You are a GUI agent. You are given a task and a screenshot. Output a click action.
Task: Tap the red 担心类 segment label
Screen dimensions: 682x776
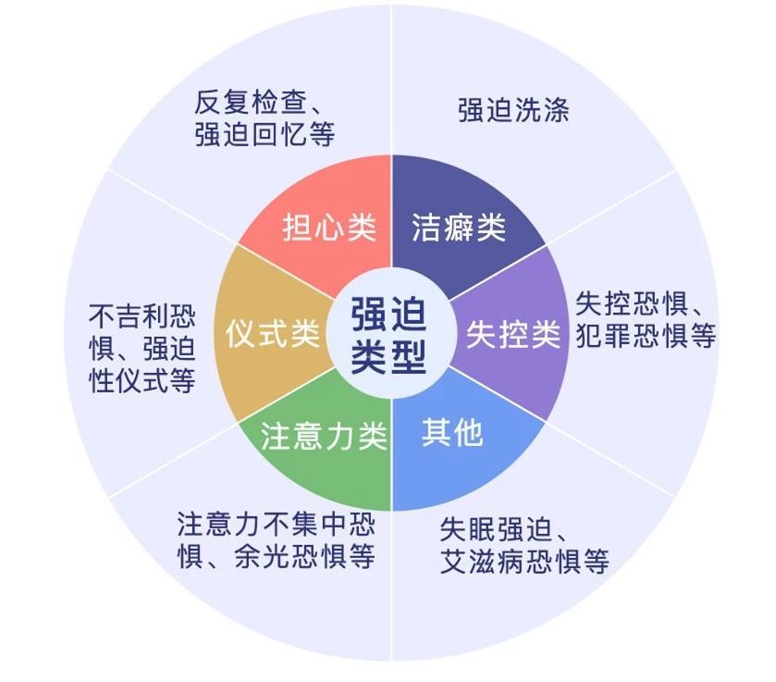pos(329,228)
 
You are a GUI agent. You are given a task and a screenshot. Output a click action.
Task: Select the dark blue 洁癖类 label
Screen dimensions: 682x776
pos(459,228)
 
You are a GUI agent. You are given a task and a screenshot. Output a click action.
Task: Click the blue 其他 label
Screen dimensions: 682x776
pos(452,431)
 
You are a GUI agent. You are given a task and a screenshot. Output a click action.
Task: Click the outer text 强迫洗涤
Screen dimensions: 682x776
pos(513,111)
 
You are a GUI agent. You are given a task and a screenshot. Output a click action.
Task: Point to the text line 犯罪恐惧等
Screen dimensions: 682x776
pos(646,335)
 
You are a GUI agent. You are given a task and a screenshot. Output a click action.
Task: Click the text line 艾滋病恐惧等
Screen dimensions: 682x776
pos(524,562)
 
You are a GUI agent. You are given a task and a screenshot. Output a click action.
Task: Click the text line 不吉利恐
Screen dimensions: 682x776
pos(142,315)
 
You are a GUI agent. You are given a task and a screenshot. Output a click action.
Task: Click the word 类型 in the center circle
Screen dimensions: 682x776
pos(389,354)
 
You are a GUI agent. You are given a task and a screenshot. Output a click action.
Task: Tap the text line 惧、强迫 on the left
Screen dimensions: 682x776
pos(142,348)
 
